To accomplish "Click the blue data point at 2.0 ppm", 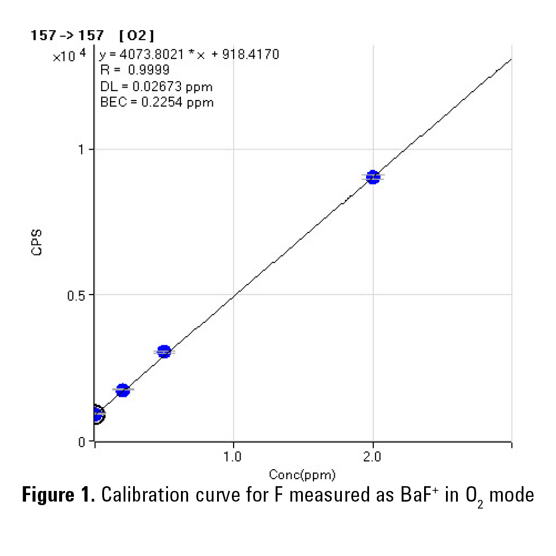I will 373,177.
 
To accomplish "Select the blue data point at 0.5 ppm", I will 164,352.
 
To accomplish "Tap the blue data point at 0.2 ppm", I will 122,390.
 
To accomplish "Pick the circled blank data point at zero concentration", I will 96,415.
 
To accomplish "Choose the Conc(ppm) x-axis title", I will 303,474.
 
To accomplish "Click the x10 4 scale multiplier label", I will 69,56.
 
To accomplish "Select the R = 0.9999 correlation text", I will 135,70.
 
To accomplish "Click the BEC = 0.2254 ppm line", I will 157,102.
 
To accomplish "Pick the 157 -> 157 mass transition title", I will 67,35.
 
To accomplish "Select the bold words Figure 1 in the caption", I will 59,496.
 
